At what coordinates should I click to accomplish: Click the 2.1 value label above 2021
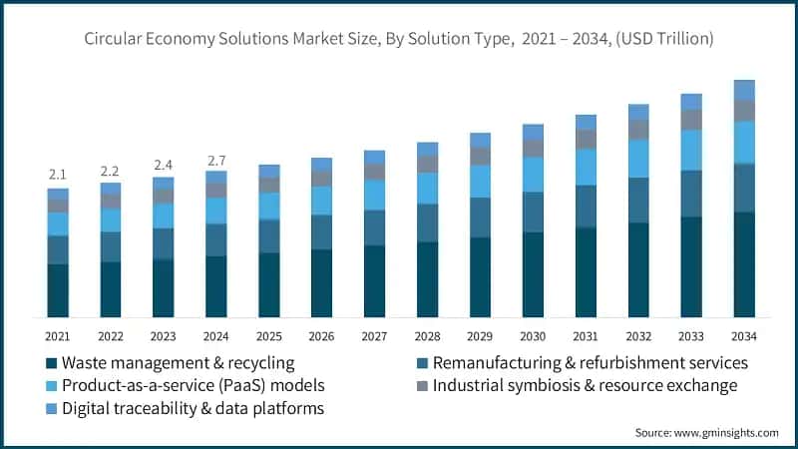58,175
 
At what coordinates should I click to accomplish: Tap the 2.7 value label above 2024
216,159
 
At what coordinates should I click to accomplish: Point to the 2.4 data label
164,165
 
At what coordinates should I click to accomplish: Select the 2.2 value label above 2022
111,171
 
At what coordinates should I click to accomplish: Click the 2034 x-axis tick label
744,335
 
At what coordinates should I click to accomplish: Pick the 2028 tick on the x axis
427,335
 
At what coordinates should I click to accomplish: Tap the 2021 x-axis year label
58,335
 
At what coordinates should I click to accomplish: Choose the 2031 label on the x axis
586,335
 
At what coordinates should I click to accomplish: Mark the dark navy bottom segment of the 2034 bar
744,264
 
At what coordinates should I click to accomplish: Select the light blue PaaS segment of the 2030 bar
533,174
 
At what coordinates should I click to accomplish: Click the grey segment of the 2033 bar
691,120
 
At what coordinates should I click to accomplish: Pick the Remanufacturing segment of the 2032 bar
638,200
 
